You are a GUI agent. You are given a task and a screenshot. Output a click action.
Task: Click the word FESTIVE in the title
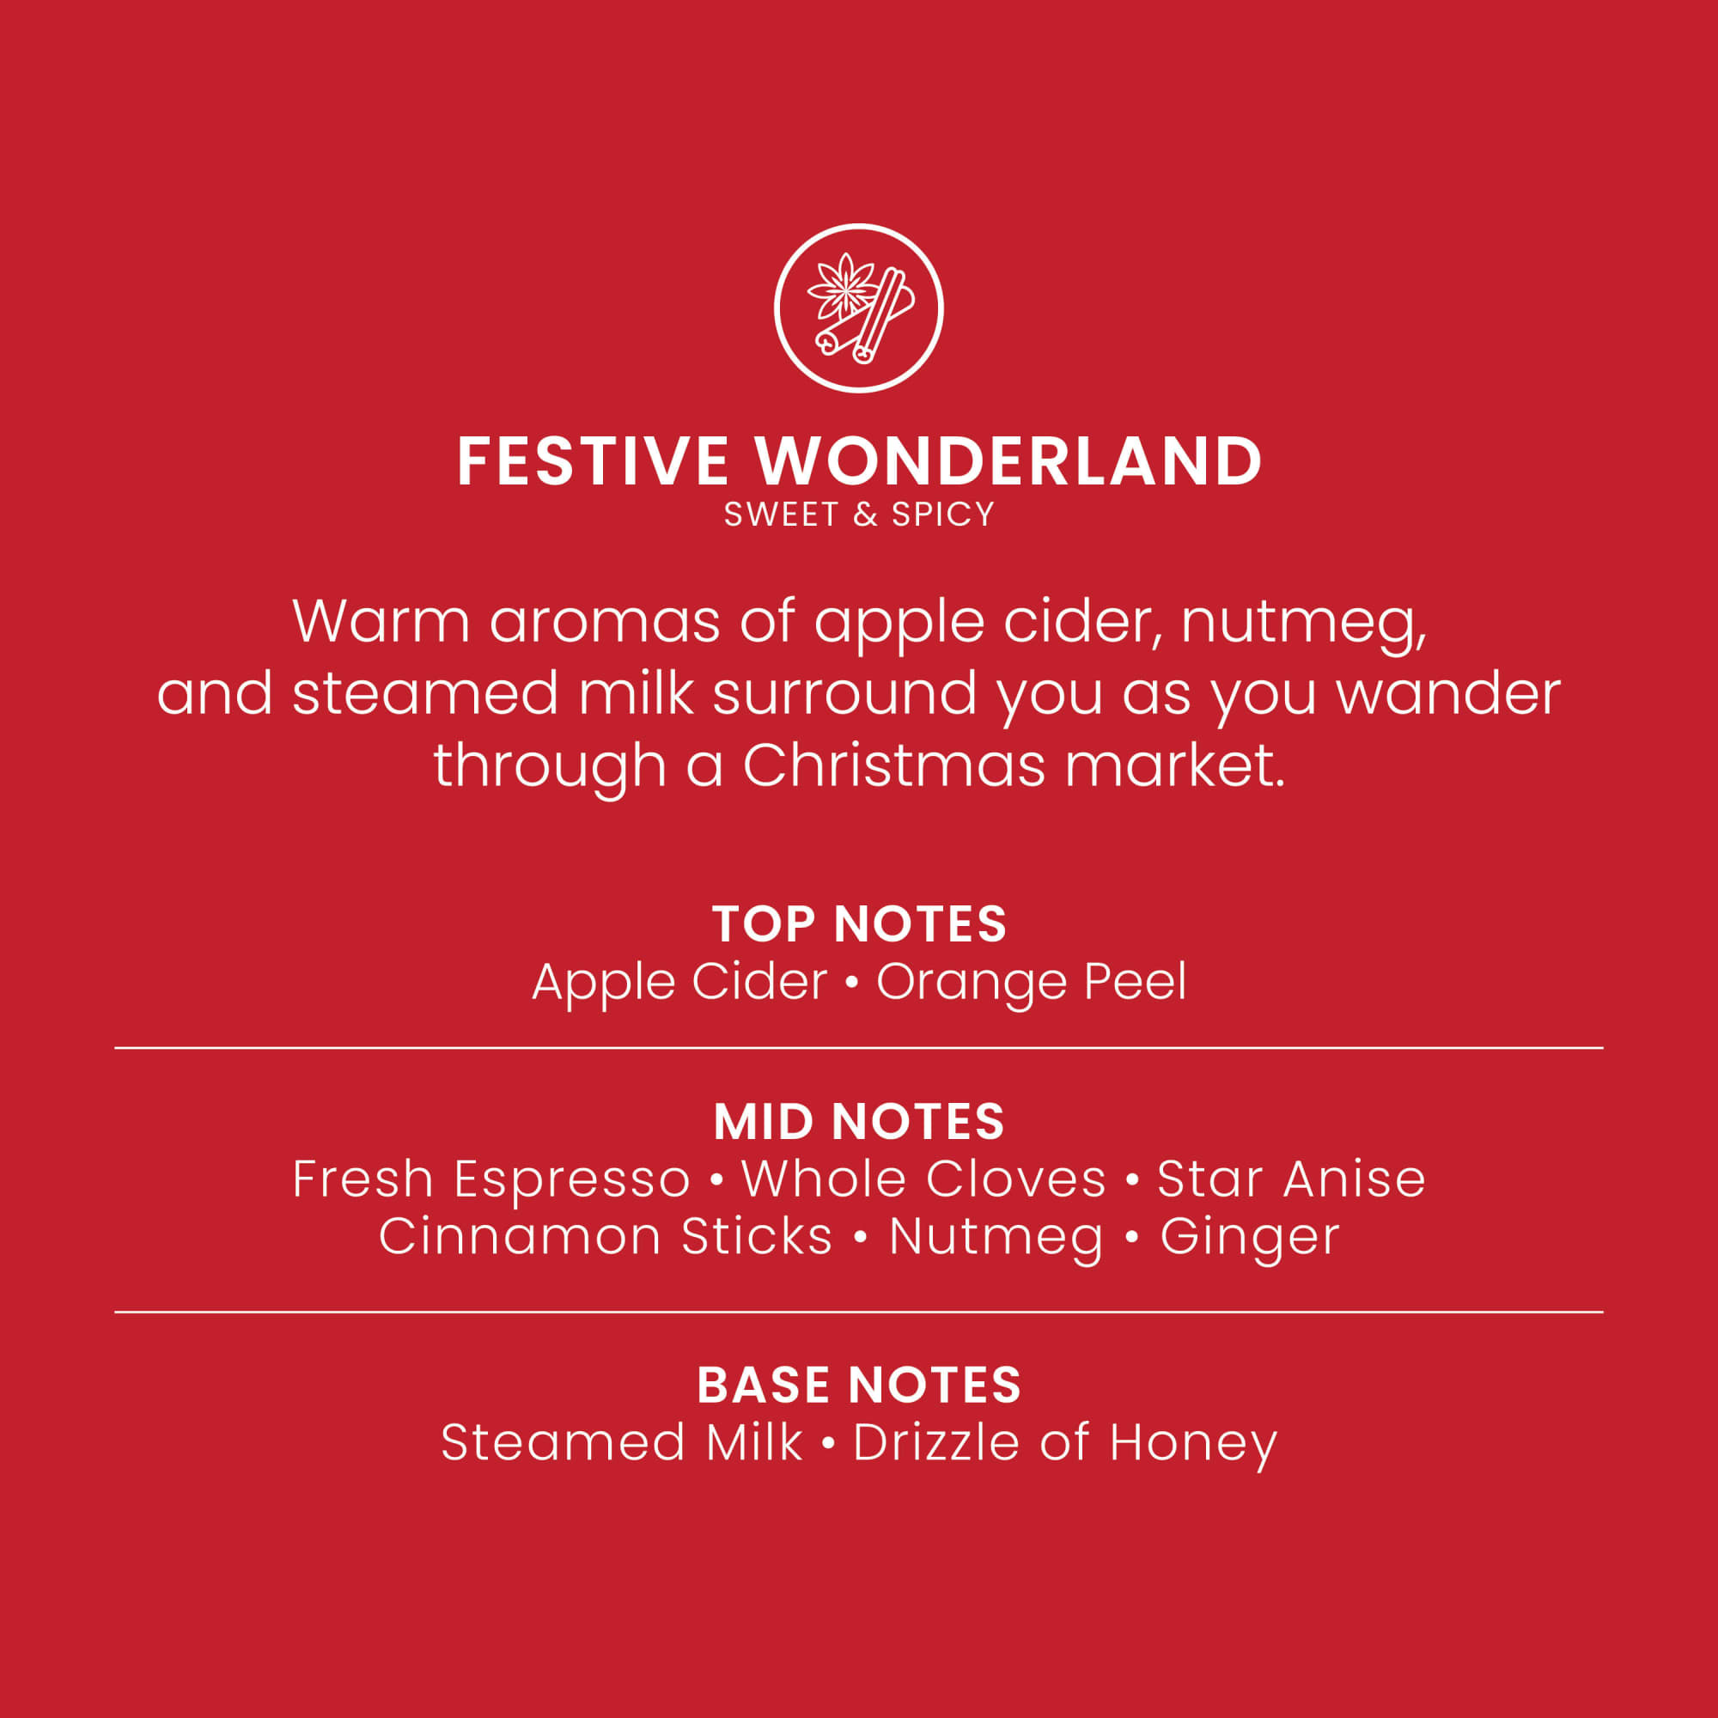click(593, 461)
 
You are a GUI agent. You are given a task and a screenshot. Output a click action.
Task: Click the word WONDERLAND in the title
click(1008, 461)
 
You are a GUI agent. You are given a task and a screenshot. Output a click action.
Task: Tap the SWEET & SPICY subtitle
click(859, 515)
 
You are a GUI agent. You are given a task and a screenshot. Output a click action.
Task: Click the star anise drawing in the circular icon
click(842, 286)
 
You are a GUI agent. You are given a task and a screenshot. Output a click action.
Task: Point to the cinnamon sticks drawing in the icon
click(867, 320)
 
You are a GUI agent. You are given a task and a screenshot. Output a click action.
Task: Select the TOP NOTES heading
click(859, 924)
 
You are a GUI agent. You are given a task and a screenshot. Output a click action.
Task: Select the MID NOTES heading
click(859, 1121)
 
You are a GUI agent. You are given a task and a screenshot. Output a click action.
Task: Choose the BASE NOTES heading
click(859, 1385)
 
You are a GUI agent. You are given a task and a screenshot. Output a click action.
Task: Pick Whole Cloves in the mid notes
click(924, 1179)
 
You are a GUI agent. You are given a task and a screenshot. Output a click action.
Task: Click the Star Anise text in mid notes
click(1291, 1179)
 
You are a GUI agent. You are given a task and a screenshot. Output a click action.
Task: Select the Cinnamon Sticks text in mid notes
click(606, 1237)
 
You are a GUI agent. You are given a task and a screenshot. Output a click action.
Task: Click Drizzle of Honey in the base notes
click(1065, 1443)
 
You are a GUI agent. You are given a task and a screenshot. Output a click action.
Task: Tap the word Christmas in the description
click(893, 765)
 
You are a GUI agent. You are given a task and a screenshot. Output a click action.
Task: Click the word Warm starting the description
click(381, 622)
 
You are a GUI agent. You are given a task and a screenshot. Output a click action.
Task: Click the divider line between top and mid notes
click(859, 1048)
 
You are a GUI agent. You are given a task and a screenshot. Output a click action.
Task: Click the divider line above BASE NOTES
click(859, 1312)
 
